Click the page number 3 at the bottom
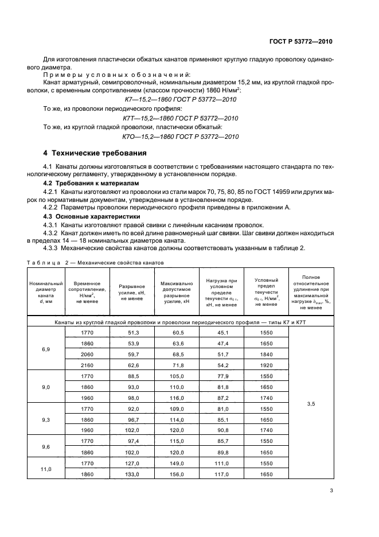tap(331, 491)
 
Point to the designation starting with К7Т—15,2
tap(181, 118)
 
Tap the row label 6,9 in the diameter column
tap(46, 349)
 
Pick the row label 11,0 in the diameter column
tap(46, 469)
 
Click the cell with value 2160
tap(87, 365)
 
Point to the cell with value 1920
tap(265, 365)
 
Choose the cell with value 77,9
tap(221, 376)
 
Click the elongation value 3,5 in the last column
tap(311, 404)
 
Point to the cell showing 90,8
tap(221, 430)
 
